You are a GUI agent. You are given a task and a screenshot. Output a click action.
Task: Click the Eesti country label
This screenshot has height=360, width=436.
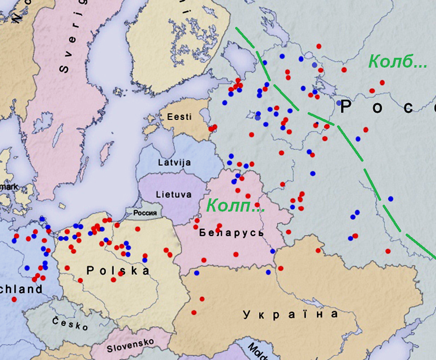point(179,118)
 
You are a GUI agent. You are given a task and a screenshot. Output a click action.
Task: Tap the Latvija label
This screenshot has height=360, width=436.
point(174,163)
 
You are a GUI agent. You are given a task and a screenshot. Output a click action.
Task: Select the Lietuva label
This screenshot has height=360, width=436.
point(174,194)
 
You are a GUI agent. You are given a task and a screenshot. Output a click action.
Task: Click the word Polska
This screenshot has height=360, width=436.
point(118,270)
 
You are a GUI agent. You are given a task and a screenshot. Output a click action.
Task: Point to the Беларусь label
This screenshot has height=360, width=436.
point(231,233)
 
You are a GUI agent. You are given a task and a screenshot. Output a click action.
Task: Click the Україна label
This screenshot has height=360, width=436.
point(291,314)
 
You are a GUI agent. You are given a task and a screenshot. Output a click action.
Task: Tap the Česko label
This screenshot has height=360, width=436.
point(71,323)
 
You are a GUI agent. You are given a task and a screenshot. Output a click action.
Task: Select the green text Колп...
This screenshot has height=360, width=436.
point(235,206)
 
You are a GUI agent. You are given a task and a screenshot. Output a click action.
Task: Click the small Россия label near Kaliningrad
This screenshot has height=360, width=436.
point(145,213)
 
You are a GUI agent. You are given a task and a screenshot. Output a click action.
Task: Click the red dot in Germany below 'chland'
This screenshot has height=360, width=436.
point(14,299)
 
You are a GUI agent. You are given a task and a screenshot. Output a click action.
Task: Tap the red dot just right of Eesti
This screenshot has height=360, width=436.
point(213,128)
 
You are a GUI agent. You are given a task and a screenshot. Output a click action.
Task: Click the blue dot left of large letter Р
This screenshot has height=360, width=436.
point(339,103)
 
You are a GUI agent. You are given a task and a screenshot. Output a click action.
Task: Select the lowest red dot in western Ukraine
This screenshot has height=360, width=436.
point(194,312)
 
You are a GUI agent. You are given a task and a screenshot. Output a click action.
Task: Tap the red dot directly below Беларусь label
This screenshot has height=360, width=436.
point(236,254)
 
